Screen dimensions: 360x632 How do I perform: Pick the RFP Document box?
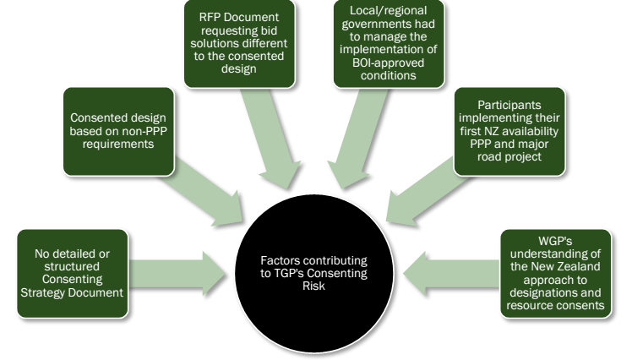point(237,44)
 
